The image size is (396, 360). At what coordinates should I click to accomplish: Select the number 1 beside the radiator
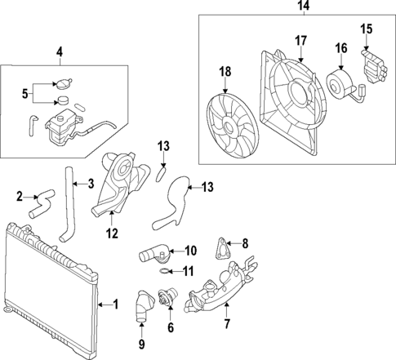pyautogui.click(x=115, y=304)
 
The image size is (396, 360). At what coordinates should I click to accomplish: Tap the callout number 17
pyautogui.click(x=300, y=39)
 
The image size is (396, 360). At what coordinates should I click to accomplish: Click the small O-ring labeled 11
pyautogui.click(x=164, y=272)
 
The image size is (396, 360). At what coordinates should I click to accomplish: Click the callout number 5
pyautogui.click(x=24, y=91)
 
